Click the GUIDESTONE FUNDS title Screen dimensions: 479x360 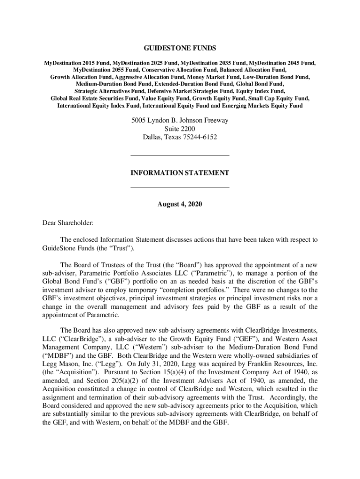coord(180,48)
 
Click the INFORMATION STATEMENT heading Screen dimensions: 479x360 coord(180,173)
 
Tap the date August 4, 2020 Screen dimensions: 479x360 coord(180,204)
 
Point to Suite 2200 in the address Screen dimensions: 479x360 coord(180,129)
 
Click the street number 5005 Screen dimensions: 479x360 coord(139,120)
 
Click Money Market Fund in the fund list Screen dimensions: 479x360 coord(215,77)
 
